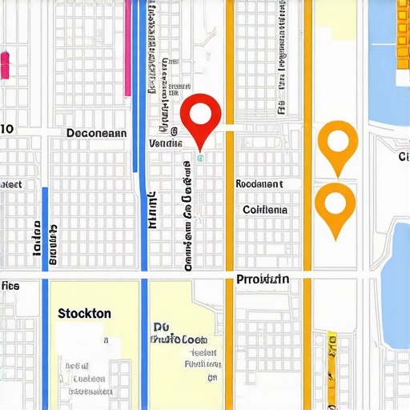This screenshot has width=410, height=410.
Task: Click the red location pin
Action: coord(201,113)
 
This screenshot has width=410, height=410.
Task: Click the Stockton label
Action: coord(85,314)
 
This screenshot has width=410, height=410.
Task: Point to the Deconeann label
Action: coord(96,133)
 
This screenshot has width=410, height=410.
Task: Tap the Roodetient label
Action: coord(259,184)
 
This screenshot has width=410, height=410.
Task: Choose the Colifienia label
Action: coord(264,210)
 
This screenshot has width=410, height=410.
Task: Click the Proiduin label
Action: coord(263,279)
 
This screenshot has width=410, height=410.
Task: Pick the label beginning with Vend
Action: coord(166,143)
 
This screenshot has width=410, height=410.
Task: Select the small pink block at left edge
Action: coord(5,65)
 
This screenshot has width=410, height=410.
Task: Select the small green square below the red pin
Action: coord(201,158)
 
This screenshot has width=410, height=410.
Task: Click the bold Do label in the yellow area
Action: coord(160,328)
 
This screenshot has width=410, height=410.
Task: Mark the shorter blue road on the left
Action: coord(45,232)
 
